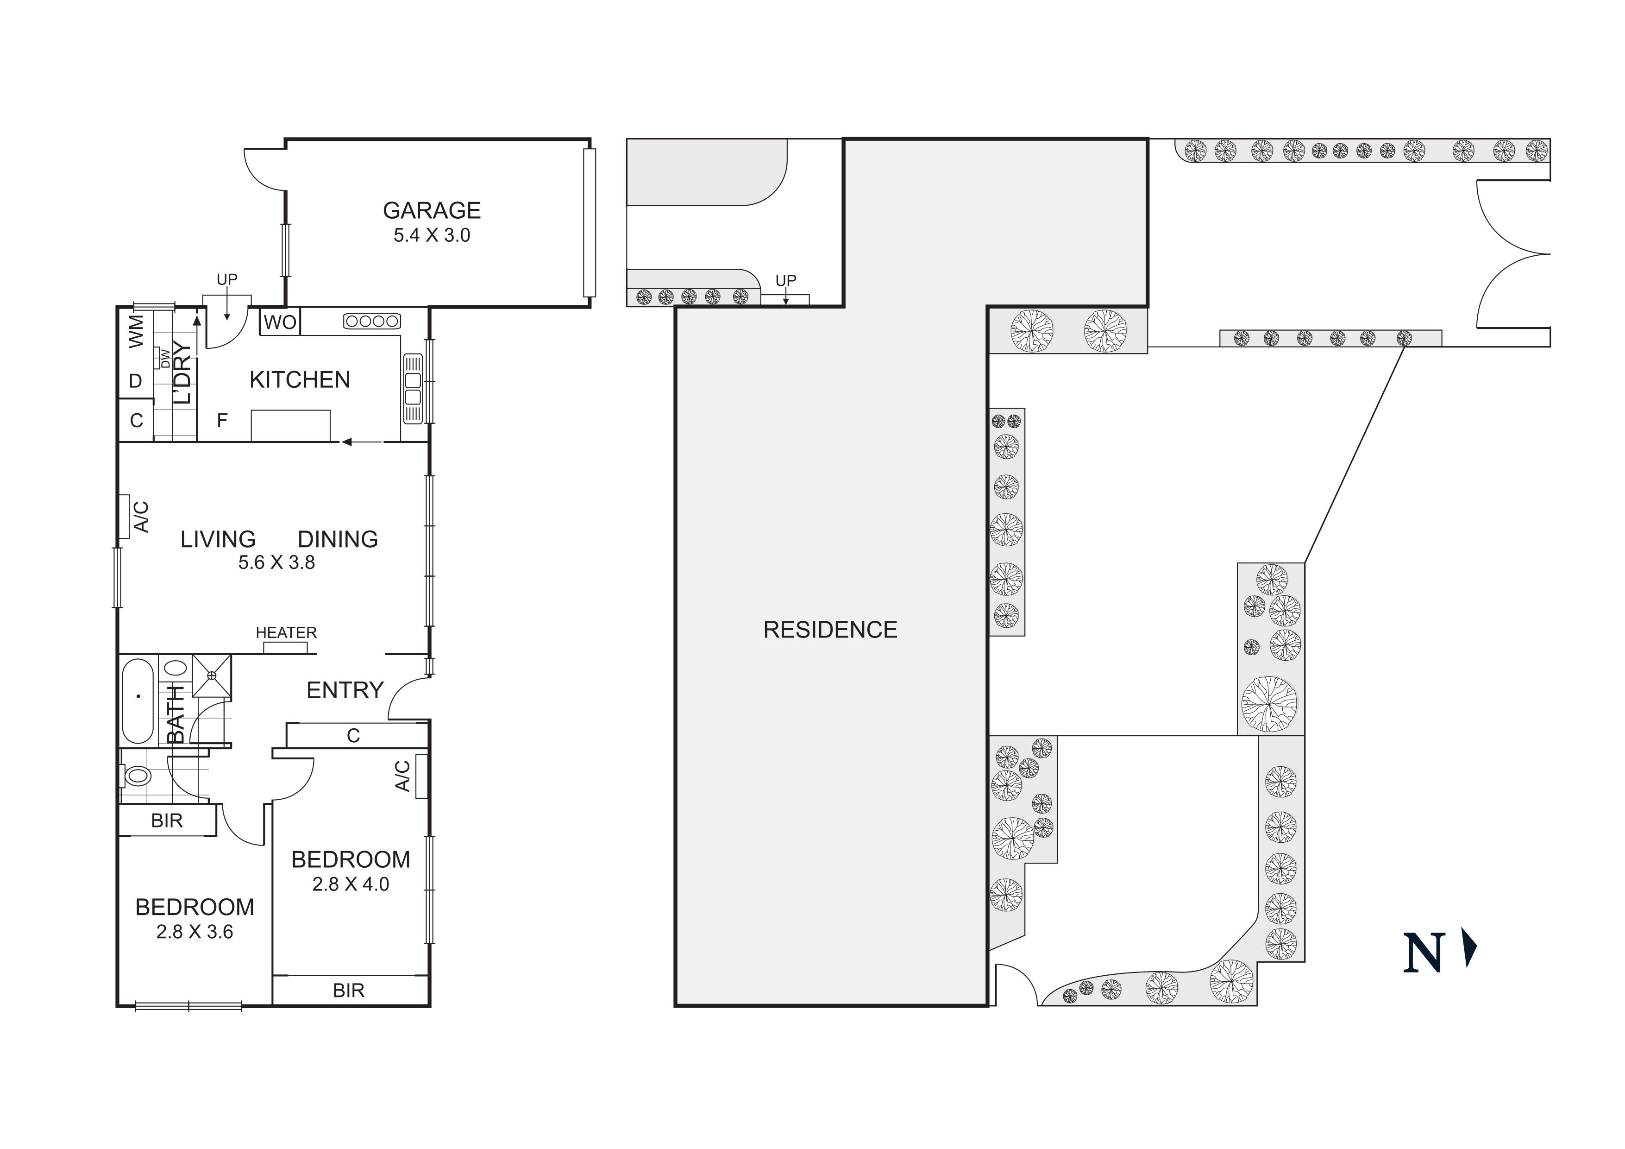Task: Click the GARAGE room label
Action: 431,210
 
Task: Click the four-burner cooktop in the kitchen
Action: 371,322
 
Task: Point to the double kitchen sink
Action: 412,389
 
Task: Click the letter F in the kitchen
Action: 221,421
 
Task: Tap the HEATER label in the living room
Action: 286,632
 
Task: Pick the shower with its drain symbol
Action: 212,676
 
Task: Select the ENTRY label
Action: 345,690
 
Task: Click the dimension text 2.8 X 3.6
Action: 194,932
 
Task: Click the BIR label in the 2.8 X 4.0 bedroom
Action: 348,991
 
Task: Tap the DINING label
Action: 338,539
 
